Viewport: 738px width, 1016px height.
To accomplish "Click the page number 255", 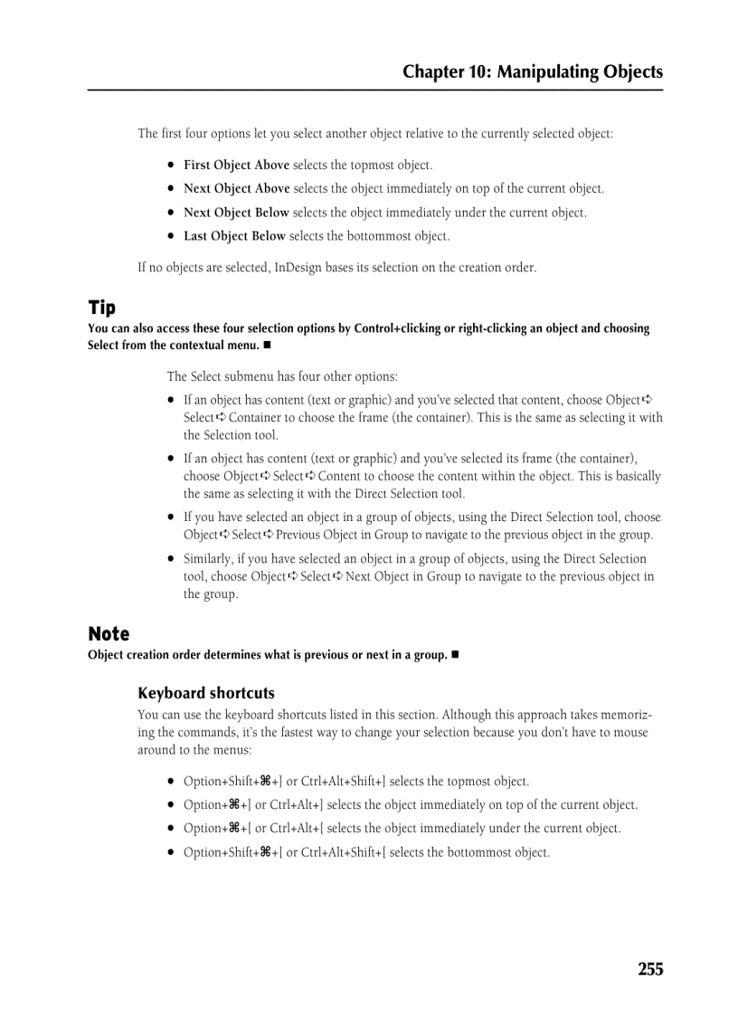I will pyautogui.click(x=649, y=969).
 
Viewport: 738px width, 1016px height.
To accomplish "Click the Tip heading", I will pyautogui.click(x=102, y=308).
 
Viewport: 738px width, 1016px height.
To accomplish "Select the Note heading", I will pyautogui.click(x=109, y=633).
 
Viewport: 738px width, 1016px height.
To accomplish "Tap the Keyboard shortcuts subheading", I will pyautogui.click(x=206, y=693).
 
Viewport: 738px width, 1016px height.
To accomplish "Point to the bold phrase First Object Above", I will pyautogui.click(x=236, y=165).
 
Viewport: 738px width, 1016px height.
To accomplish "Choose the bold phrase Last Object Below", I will pyautogui.click(x=234, y=236).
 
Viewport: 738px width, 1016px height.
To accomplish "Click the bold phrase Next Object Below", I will pyautogui.click(x=236, y=213).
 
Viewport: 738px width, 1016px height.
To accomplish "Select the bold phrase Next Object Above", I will pyautogui.click(x=236, y=188).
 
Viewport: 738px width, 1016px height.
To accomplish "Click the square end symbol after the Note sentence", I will pyautogui.click(x=457, y=654).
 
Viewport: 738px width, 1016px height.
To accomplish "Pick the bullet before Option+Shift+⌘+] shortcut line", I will pyautogui.click(x=170, y=781).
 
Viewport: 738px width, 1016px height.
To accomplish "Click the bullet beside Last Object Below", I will pyautogui.click(x=170, y=236).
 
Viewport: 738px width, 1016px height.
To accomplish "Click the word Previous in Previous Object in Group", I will pyautogui.click(x=298, y=535).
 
